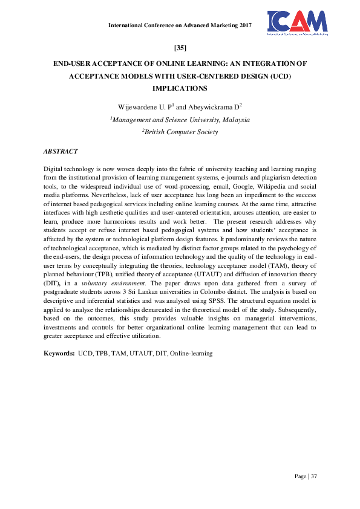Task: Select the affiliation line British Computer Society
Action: click(x=180, y=132)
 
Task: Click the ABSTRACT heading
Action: click(x=61, y=150)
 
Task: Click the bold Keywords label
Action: click(x=59, y=352)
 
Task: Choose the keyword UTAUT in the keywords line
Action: click(x=137, y=352)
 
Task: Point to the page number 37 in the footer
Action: click(x=313, y=476)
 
